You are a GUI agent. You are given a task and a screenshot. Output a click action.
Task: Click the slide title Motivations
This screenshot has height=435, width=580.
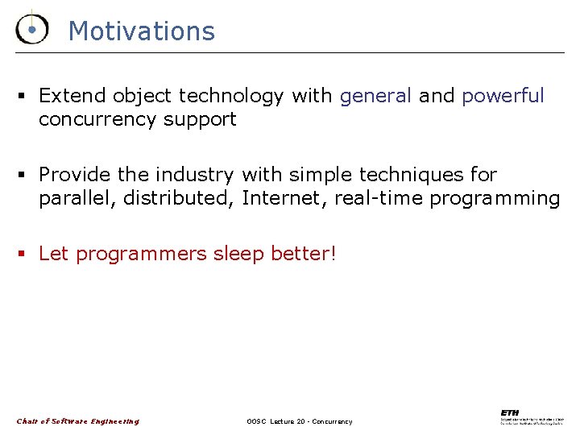(142, 31)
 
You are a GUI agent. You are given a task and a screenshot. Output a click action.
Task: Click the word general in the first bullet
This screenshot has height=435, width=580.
(375, 96)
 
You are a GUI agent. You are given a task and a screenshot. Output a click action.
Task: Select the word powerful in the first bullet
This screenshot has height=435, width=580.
(503, 96)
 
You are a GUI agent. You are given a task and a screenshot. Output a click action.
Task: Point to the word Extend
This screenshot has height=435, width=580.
(72, 96)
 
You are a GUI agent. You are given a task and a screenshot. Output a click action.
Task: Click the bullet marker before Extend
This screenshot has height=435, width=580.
(23, 97)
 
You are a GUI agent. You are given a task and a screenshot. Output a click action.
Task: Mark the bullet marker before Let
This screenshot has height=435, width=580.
(23, 255)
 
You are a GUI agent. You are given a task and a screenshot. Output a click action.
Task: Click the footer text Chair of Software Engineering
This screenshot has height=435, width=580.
(78, 421)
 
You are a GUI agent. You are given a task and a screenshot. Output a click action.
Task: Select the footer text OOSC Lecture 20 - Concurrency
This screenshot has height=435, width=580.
(300, 421)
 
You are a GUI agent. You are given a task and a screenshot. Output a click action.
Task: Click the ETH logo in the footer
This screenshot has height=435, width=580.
(531, 417)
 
